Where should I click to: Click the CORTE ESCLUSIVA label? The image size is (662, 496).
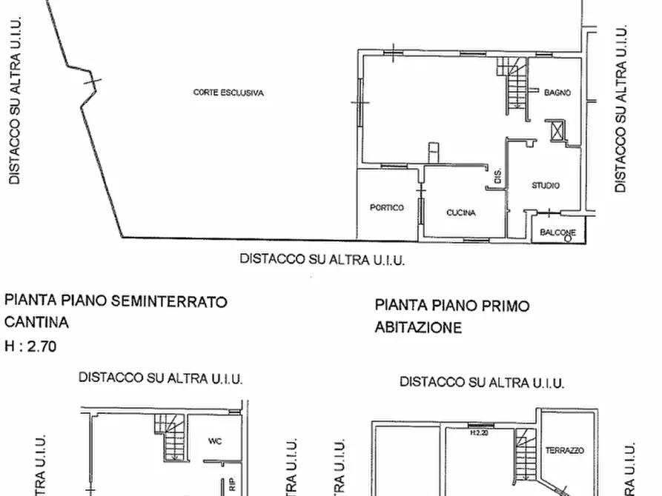click(228, 93)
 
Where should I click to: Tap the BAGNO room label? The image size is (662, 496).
click(557, 93)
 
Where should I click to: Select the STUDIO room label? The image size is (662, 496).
click(546, 186)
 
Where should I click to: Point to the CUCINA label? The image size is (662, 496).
click(461, 213)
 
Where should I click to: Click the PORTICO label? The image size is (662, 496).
click(387, 208)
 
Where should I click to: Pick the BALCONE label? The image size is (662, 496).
click(557, 232)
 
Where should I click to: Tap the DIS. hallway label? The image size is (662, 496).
click(498, 176)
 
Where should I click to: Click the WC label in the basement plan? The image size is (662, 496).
click(216, 441)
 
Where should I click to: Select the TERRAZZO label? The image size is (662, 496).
click(565, 450)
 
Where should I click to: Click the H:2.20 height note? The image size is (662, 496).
click(480, 433)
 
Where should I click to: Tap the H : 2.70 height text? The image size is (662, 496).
click(30, 345)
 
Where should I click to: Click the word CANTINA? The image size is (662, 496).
click(36, 323)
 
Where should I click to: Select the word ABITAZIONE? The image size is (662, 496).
click(418, 326)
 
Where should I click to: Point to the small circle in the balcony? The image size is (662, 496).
click(568, 238)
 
